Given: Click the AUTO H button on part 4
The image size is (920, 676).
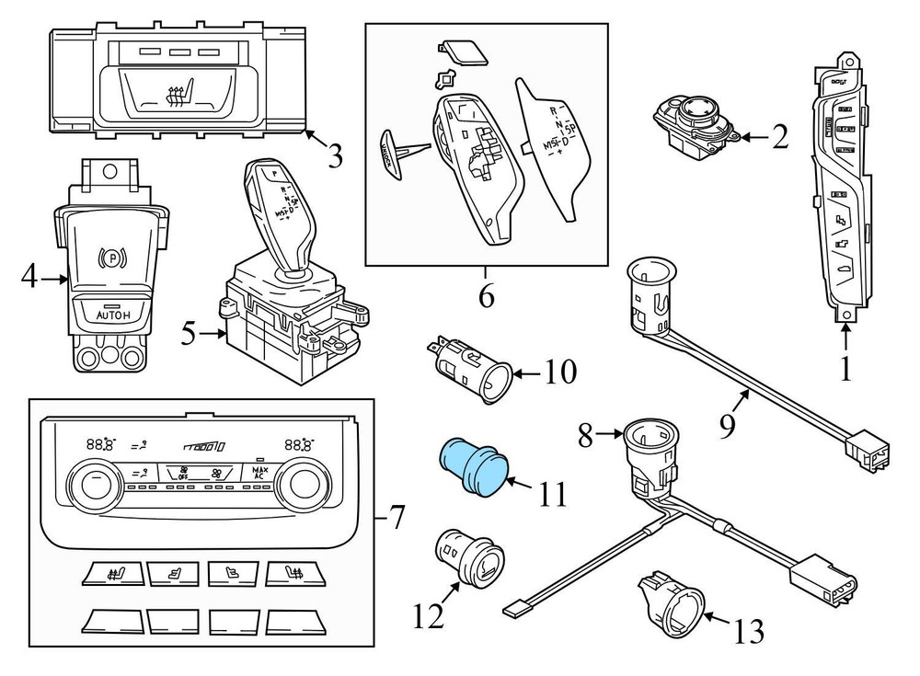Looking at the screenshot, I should (107, 315).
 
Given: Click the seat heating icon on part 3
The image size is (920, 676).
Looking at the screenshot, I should (175, 92).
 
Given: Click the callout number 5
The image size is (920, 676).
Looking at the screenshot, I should (188, 333).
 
